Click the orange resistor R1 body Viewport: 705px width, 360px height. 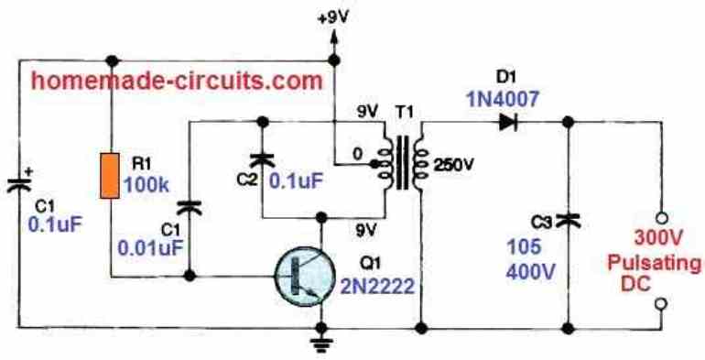pyautogui.click(x=109, y=176)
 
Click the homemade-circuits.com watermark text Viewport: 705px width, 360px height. pyautogui.click(x=174, y=81)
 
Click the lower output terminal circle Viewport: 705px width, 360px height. pyautogui.click(x=660, y=303)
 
